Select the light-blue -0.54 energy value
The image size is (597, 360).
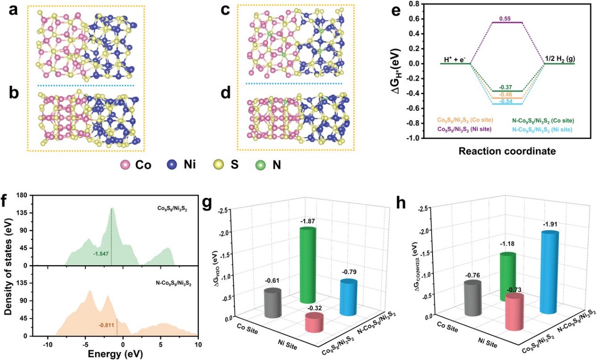coord(507,101)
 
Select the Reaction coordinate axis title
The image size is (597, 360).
coord(507,152)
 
